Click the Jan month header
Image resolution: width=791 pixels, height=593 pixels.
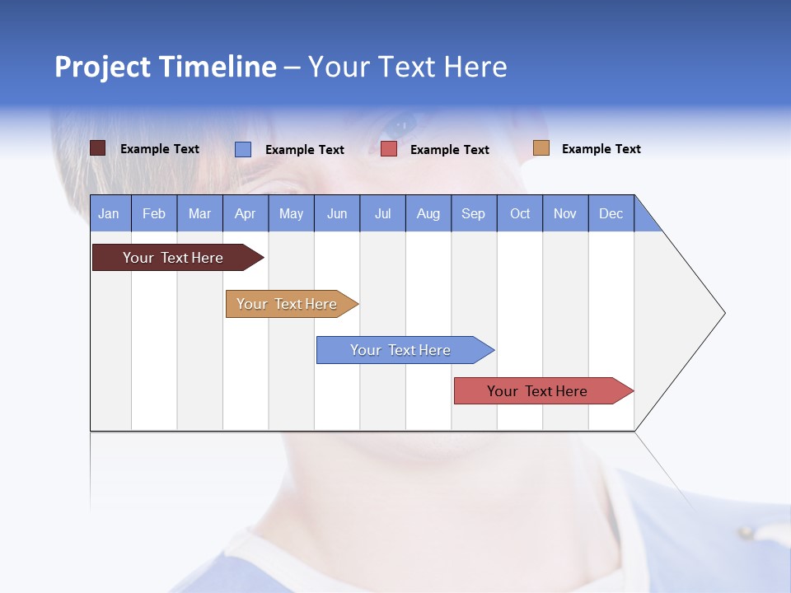(109, 213)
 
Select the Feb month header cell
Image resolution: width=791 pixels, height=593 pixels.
(154, 213)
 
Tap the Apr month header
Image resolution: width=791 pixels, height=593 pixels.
(246, 213)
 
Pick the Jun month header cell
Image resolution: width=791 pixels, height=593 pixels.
(337, 213)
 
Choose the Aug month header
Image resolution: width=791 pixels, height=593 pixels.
(428, 213)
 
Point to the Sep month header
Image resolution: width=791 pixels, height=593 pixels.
(474, 213)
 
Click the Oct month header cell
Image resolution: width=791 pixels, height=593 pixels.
(520, 213)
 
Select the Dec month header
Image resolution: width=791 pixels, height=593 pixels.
(611, 213)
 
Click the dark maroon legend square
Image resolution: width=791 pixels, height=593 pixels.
(98, 148)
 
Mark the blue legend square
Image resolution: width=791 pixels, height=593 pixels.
(243, 149)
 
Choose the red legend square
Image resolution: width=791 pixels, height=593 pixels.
(389, 149)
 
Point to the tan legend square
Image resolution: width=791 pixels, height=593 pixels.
(541, 148)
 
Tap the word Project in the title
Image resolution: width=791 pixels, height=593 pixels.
(103, 67)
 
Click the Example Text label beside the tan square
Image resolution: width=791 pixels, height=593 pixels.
(601, 149)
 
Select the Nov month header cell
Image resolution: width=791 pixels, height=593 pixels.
(565, 213)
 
